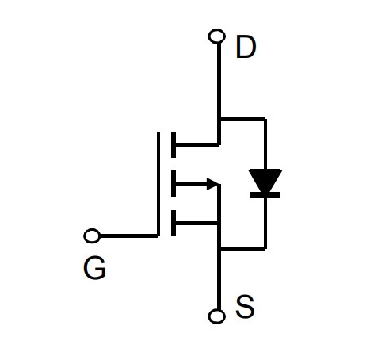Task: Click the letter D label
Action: click(246, 47)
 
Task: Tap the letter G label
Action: click(94, 268)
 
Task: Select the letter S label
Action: click(245, 307)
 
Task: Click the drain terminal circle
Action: click(217, 36)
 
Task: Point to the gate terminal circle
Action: click(92, 236)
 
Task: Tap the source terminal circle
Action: click(217, 316)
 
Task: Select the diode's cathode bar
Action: click(265, 195)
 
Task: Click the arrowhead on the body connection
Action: click(213, 184)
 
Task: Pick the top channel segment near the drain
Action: click(174, 144)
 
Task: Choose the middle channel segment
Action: click(174, 184)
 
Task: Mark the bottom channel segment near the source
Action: click(174, 223)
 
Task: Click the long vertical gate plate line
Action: click(158, 184)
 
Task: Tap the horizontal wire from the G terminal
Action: click(128, 236)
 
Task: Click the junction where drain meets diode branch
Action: click(219, 118)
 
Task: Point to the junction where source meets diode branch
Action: click(219, 249)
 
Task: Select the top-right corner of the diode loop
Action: click(265, 118)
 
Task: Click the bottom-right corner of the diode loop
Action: click(265, 249)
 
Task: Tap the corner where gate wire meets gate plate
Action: click(158, 236)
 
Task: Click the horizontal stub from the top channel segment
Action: click(197, 144)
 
